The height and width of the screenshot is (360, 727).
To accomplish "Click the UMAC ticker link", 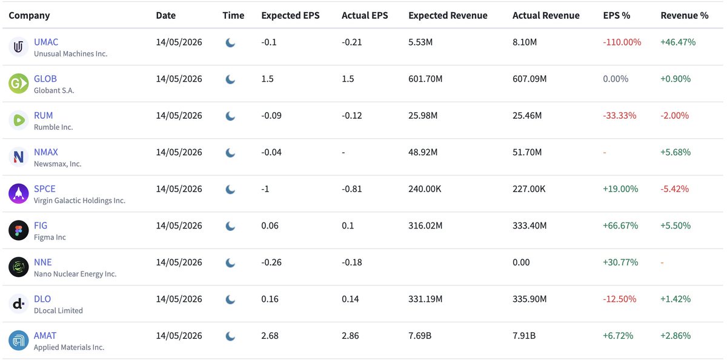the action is point(46,42).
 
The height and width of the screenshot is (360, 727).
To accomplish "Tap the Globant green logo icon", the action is point(19,84).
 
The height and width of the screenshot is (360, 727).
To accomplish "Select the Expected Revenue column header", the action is point(448,15).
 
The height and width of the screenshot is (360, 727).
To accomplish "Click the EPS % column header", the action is point(616,15).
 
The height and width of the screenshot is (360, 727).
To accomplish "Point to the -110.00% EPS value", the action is point(622,42).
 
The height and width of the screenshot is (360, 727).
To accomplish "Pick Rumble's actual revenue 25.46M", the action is point(527,116).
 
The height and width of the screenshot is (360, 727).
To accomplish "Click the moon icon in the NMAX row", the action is point(230,153).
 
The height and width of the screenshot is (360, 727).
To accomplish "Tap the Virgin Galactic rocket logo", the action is point(19,193).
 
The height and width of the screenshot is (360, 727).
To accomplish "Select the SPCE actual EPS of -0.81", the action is point(351,189).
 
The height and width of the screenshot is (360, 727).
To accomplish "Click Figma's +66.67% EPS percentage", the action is point(620,225).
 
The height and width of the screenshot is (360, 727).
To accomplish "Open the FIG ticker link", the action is point(41,225).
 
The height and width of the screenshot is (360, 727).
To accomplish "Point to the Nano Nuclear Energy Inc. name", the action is point(75,274).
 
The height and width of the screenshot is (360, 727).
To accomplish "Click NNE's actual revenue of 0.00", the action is point(521,262).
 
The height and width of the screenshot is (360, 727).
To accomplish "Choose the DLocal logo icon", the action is point(19,304).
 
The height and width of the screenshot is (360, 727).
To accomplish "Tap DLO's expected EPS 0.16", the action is point(270,299).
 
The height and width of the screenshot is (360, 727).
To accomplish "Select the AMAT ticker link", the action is point(45,336).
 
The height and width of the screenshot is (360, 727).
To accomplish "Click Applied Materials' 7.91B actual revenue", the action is point(524,336).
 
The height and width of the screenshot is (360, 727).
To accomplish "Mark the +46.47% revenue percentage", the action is point(678,42).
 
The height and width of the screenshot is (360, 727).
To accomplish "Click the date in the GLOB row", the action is point(179,79).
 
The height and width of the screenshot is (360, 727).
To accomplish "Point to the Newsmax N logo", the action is point(19,157).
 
